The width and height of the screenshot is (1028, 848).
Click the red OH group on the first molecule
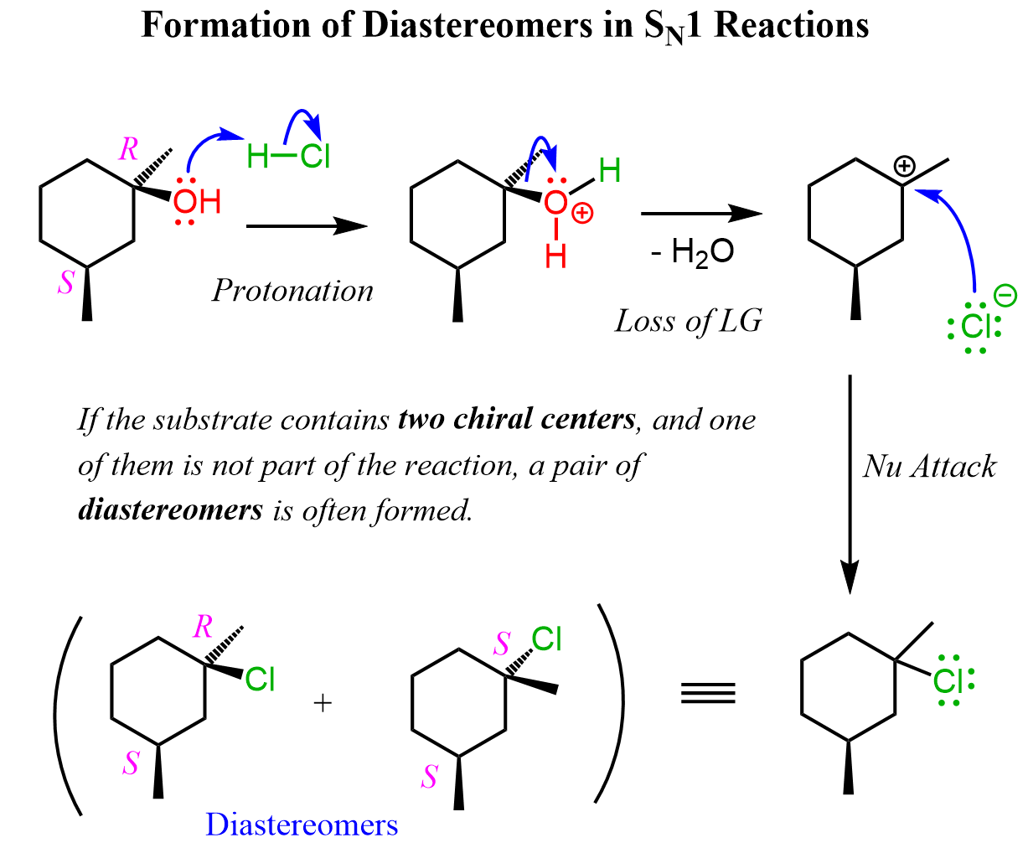(x=197, y=202)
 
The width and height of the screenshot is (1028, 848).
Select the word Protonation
(x=292, y=291)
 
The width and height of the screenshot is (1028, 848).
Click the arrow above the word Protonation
(x=307, y=225)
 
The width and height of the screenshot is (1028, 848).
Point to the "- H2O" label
(x=692, y=251)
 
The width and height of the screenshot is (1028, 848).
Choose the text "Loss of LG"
(x=689, y=320)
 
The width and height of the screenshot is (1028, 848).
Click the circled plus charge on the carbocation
(x=903, y=167)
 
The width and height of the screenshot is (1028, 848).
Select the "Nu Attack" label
(x=929, y=466)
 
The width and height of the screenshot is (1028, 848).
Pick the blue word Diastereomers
(x=302, y=825)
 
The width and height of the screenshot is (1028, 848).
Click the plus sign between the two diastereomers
(x=323, y=702)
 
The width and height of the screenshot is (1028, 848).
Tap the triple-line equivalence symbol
(x=708, y=692)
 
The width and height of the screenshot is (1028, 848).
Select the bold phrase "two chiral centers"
(x=516, y=418)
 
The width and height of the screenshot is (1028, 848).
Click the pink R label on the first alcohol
(x=128, y=149)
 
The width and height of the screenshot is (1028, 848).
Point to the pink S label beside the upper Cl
(x=502, y=644)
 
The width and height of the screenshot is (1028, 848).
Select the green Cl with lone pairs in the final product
(x=949, y=680)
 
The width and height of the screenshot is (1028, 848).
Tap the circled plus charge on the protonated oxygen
(x=581, y=214)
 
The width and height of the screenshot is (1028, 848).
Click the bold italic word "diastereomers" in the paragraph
(x=170, y=509)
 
